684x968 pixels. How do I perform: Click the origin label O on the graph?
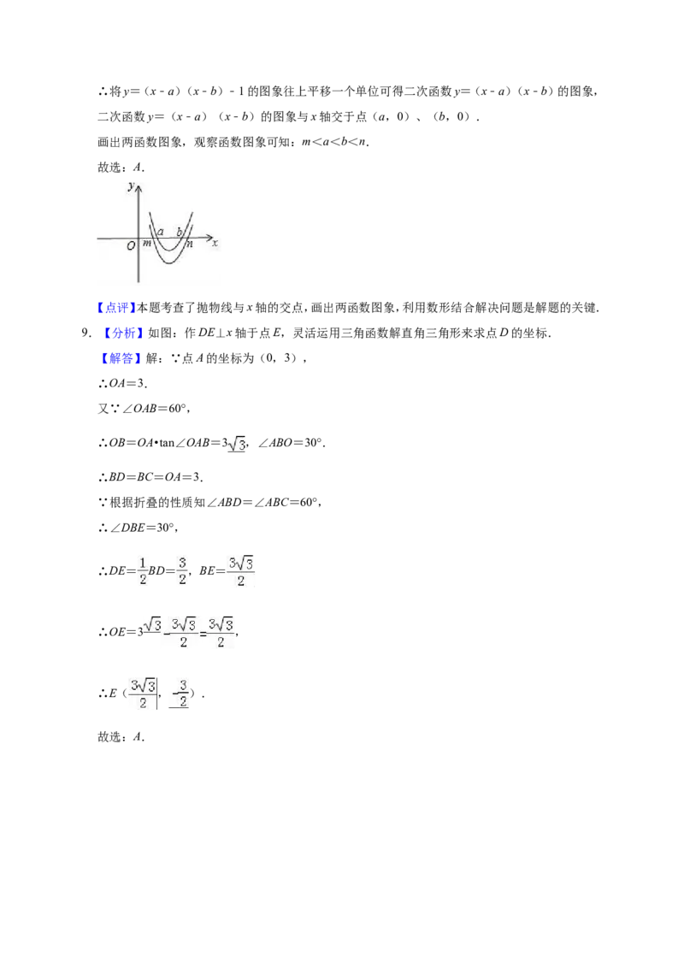tap(131, 245)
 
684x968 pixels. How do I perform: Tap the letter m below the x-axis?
tap(147, 243)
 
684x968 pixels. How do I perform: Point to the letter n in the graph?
tap(190, 244)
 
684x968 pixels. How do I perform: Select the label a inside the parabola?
tap(161, 232)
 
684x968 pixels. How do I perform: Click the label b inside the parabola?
tap(180, 232)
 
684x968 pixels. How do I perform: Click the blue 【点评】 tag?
tap(116, 308)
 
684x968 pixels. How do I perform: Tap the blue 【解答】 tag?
tap(116, 358)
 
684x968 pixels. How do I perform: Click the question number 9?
tap(85, 333)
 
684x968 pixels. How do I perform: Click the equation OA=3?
tap(127, 383)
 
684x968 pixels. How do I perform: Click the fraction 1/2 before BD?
tap(143, 571)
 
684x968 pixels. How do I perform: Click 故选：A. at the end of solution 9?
tap(121, 736)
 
